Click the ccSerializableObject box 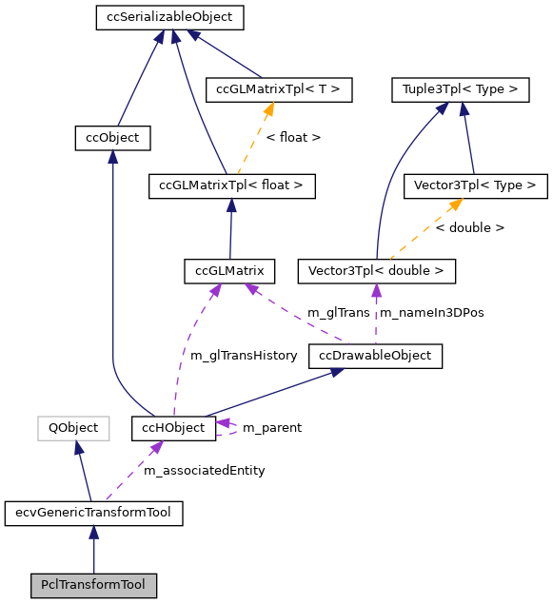click(x=169, y=17)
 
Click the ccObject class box click(x=112, y=138)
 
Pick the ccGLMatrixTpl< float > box click(x=231, y=185)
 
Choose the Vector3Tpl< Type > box click(x=476, y=185)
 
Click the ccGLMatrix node click(x=229, y=271)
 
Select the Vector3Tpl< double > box click(x=376, y=271)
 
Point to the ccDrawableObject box click(x=375, y=356)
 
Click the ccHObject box click(x=173, y=428)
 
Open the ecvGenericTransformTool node click(x=93, y=514)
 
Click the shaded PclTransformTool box click(x=92, y=584)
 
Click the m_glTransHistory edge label click(x=238, y=355)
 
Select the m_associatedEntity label click(x=204, y=470)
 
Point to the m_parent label click(x=271, y=428)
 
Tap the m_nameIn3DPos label click(x=431, y=312)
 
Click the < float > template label click(x=293, y=138)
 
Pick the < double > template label click(x=469, y=228)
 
